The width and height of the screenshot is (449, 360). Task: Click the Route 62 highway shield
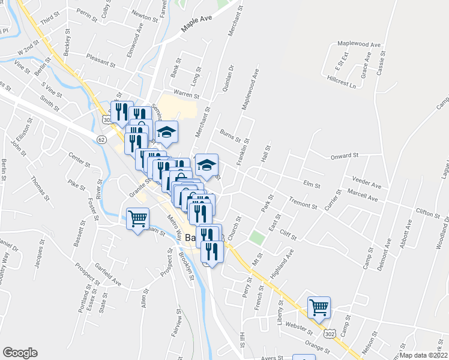(100, 139)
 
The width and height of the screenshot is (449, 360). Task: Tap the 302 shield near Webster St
(328, 332)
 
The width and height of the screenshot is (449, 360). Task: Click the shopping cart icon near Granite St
(138, 218)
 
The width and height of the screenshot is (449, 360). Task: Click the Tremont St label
(303, 203)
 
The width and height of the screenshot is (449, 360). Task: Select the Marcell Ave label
(363, 195)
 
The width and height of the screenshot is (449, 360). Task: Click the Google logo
(20, 352)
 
